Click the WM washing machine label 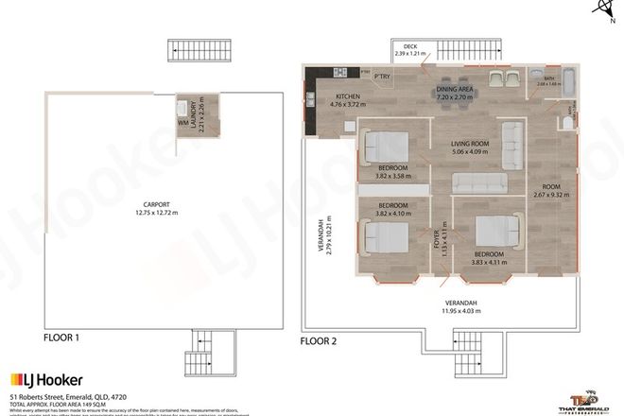click(183, 122)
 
